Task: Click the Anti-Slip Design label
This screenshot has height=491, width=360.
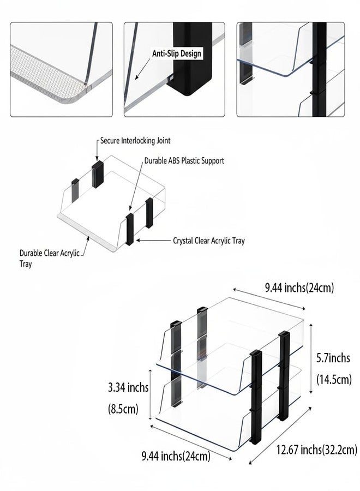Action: pyautogui.click(x=177, y=53)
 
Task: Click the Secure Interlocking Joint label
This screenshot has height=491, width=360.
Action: pyautogui.click(x=135, y=141)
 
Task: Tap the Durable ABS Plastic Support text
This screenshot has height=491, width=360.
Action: pyautogui.click(x=184, y=161)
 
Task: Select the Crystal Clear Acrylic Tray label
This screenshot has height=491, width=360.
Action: pyautogui.click(x=209, y=241)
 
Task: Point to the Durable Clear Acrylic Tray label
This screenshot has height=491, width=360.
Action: pyautogui.click(x=50, y=258)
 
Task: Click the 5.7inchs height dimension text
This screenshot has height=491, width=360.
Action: pyautogui.click(x=333, y=358)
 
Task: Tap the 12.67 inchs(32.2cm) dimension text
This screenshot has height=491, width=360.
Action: pyautogui.click(x=316, y=450)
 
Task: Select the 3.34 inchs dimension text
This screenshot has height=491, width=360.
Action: pyautogui.click(x=128, y=388)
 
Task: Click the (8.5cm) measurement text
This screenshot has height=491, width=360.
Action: pyautogui.click(x=123, y=409)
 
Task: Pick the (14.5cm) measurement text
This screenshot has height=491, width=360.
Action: pyautogui.click(x=334, y=380)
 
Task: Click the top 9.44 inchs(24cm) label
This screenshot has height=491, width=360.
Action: pyautogui.click(x=299, y=288)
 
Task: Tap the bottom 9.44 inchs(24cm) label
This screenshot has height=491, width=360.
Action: pyautogui.click(x=176, y=456)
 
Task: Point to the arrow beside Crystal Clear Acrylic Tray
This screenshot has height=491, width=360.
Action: pyautogui.click(x=153, y=241)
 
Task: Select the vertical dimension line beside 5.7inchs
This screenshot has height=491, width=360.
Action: pyautogui.click(x=311, y=359)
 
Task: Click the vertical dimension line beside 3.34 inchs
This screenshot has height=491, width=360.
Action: pyautogui.click(x=151, y=394)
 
